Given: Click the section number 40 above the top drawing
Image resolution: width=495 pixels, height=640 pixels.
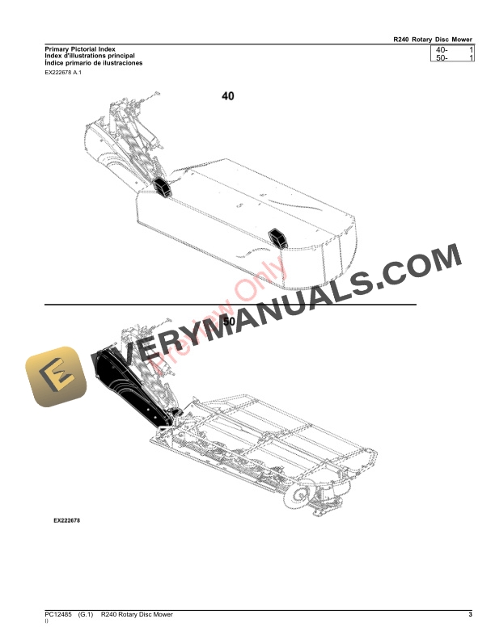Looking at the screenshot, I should (228, 96).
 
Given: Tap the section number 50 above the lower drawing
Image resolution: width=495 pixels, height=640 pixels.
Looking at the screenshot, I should (229, 321).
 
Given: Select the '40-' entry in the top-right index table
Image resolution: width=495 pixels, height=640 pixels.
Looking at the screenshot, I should (442, 51).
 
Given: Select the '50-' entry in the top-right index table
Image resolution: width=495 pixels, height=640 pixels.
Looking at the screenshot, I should (442, 60).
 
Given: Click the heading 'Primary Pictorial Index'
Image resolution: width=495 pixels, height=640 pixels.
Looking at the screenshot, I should (77, 49).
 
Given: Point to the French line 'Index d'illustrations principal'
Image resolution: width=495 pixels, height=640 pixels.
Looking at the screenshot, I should (90, 56).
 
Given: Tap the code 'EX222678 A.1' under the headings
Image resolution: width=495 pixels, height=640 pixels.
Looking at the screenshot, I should (63, 73).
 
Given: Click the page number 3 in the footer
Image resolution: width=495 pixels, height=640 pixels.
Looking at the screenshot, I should (470, 617).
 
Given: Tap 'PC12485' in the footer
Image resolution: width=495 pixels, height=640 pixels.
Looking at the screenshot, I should (58, 617).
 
